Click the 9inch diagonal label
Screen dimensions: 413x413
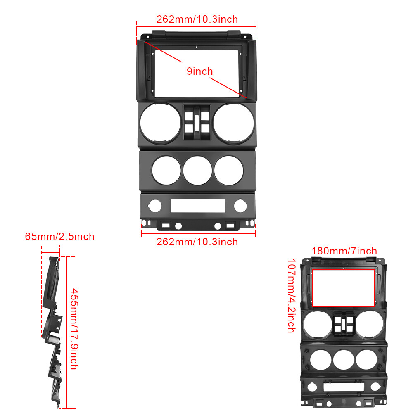pos(199,71)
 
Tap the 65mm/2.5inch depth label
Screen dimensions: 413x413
pos(59,237)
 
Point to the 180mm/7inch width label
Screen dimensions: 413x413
pos(344,251)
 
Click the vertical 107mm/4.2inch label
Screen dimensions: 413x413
pos(291,296)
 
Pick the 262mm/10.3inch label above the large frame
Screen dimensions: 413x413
pos(197,19)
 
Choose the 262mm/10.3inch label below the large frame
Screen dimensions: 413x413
pos(197,242)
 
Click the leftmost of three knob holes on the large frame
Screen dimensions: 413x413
pos(166,170)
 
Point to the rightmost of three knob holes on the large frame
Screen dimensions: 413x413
pos(228,169)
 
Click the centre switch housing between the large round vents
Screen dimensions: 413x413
pos(197,123)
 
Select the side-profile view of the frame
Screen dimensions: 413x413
pos(53,330)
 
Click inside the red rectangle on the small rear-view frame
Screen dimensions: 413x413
pos(344,288)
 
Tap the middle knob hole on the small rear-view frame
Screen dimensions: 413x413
pos(344,359)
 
